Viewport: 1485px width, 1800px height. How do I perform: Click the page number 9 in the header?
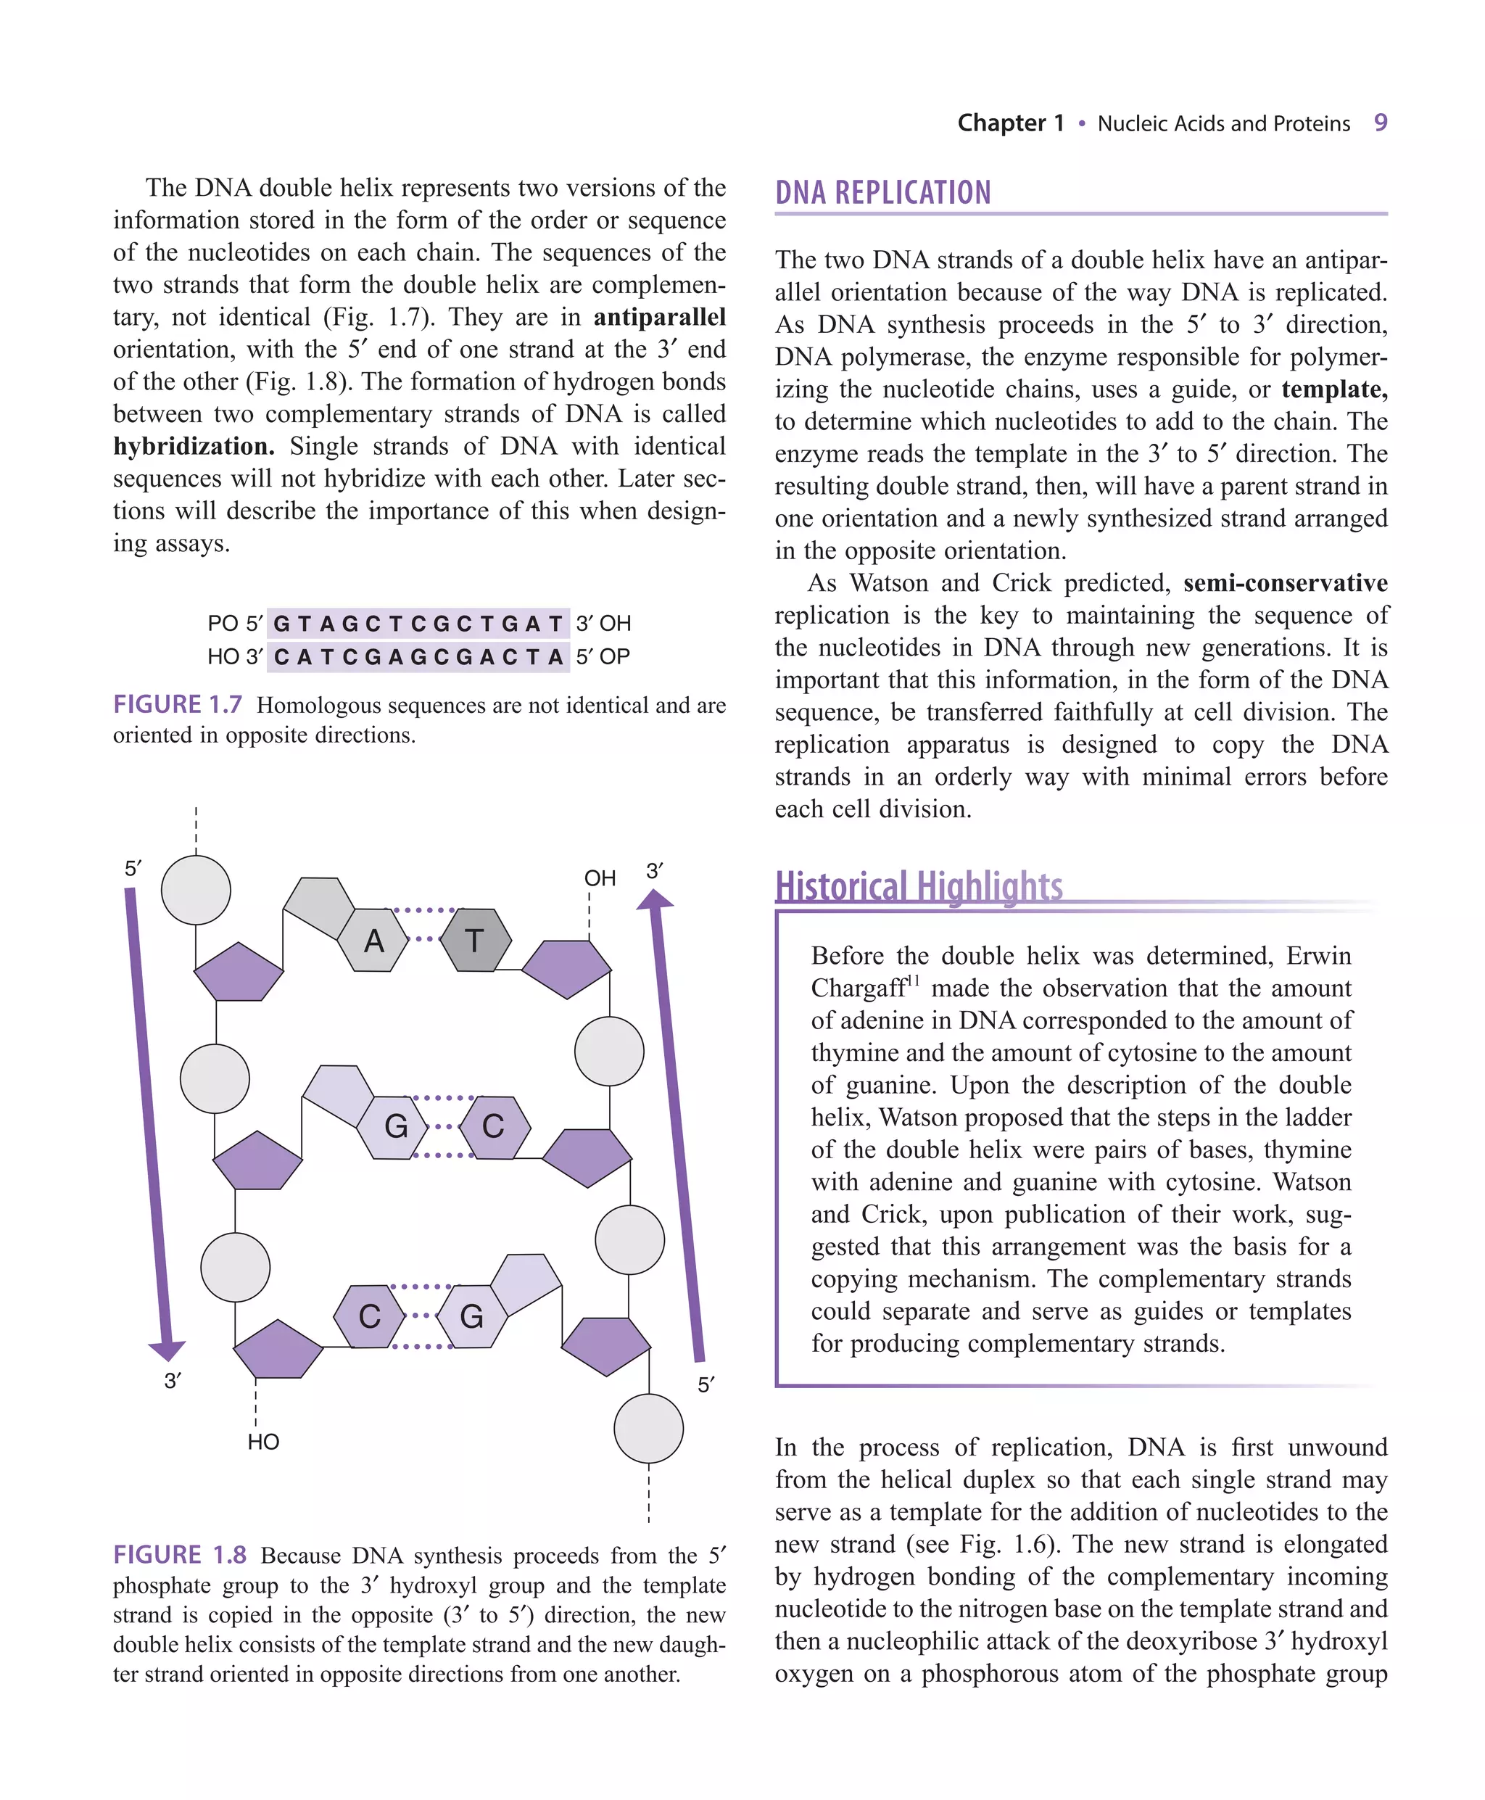coord(1380,123)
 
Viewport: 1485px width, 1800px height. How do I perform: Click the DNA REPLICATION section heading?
coord(882,192)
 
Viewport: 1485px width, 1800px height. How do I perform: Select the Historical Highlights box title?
coord(918,885)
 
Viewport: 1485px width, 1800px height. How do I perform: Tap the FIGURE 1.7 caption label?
coord(177,704)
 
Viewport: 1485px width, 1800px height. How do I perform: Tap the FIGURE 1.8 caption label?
coord(180,1554)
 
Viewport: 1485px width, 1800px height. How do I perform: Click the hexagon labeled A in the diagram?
coord(374,940)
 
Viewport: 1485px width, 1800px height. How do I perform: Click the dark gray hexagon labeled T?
coord(476,940)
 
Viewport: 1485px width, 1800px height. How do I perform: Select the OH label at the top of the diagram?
coord(600,878)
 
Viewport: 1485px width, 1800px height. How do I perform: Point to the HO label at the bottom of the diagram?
coord(262,1442)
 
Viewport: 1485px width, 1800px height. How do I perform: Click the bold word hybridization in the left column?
coord(194,446)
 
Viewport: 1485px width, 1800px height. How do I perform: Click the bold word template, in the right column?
coord(1333,389)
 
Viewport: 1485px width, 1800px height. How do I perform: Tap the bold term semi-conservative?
coord(1285,582)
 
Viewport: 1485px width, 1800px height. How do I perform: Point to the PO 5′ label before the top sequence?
coord(234,623)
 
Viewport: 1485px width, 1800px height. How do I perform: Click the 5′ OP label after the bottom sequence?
coord(603,656)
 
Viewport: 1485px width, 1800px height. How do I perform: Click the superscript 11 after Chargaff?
coord(913,980)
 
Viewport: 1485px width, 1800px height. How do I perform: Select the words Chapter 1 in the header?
coord(1010,123)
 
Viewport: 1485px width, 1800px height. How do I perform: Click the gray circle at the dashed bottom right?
coord(648,1428)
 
